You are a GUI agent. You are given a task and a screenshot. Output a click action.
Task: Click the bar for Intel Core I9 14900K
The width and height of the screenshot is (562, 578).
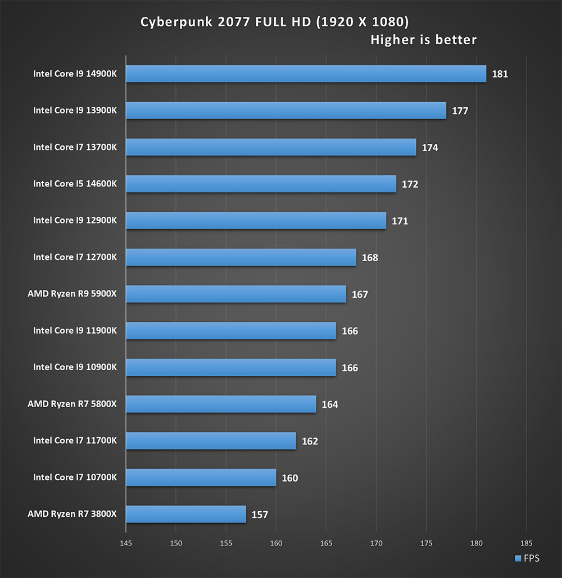(306, 74)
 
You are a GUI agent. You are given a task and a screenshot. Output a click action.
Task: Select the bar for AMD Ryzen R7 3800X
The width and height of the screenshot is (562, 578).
(186, 514)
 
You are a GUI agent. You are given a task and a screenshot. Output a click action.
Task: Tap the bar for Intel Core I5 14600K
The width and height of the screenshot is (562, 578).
(261, 184)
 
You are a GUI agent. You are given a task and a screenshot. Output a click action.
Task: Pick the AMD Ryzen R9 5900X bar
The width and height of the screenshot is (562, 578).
(236, 294)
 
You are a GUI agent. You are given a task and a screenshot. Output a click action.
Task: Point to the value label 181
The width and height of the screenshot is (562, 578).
(500, 74)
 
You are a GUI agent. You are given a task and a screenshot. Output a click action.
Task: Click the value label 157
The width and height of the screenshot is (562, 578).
(260, 515)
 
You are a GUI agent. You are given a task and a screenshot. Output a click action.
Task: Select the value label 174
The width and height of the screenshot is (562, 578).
(430, 148)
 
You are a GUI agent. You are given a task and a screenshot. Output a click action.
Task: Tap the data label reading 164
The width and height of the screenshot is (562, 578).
(330, 404)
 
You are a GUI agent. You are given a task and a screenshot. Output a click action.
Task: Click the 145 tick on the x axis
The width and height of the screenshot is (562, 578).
(126, 544)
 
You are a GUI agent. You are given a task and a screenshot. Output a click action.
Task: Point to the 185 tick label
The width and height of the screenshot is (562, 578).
(526, 544)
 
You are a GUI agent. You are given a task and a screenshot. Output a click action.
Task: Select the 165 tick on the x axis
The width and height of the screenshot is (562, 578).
(326, 544)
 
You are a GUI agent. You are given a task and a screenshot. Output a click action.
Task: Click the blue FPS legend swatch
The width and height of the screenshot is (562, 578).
(518, 558)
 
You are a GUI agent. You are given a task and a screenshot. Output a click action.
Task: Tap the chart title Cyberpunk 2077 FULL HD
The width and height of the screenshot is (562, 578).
(274, 22)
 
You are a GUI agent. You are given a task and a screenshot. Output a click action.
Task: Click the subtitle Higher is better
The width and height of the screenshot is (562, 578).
(423, 40)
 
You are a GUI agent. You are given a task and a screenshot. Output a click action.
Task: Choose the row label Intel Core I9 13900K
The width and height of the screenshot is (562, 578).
(75, 111)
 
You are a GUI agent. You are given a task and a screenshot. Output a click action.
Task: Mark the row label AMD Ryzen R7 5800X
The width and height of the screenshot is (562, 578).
(72, 404)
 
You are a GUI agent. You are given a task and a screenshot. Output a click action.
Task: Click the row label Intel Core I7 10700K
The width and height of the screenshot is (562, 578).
(75, 477)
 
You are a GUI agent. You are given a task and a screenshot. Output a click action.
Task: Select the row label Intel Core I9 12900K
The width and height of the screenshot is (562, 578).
(75, 221)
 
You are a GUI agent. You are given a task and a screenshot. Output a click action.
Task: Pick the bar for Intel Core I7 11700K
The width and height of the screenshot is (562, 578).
(211, 441)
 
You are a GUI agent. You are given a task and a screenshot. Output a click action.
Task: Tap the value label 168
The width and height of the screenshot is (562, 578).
(370, 258)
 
